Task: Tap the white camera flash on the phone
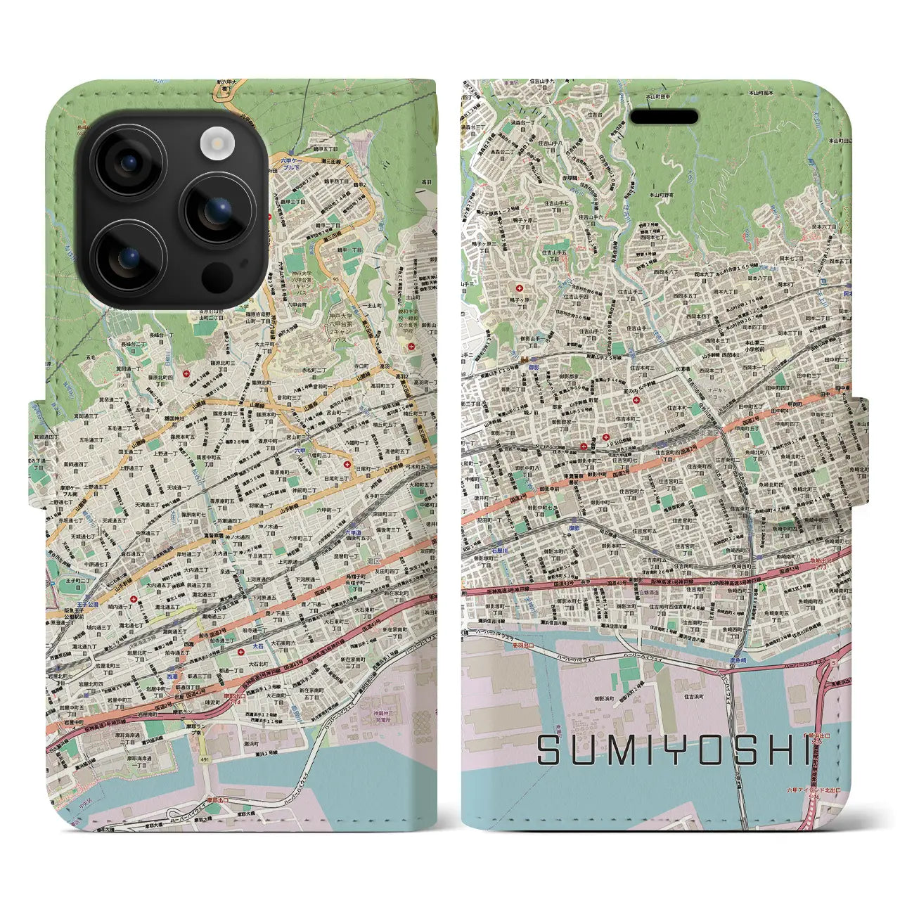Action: (x=215, y=143)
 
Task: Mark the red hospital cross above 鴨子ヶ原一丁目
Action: (x=520, y=289)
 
